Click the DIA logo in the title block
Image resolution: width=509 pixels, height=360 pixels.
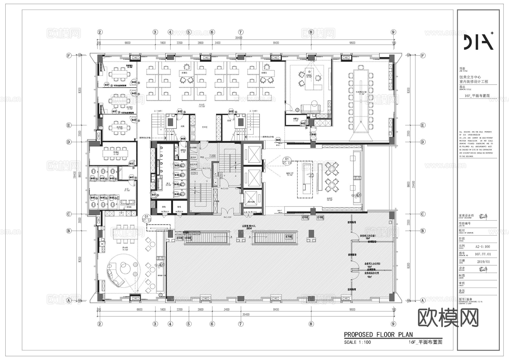(478, 42)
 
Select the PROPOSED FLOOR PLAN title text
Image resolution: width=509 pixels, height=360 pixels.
(378, 335)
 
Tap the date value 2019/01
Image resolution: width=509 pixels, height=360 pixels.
(483, 262)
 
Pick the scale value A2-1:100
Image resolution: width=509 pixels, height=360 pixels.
(483, 247)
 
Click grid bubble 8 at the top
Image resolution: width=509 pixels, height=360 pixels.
(311, 32)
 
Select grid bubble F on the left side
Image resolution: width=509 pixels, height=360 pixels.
(69, 55)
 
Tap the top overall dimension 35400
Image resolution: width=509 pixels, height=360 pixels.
(239, 38)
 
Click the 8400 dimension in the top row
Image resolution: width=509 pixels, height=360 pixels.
(276, 43)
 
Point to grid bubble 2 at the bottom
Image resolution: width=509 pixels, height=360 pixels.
(100, 324)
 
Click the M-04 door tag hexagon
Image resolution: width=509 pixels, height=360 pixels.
(278, 140)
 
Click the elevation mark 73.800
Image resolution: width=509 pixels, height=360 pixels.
(212, 156)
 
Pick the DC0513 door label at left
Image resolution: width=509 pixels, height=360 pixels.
(194, 173)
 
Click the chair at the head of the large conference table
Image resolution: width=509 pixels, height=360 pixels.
(361, 67)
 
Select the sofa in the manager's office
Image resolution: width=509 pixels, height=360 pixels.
(310, 108)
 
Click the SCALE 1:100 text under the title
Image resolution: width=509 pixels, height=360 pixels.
(357, 342)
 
